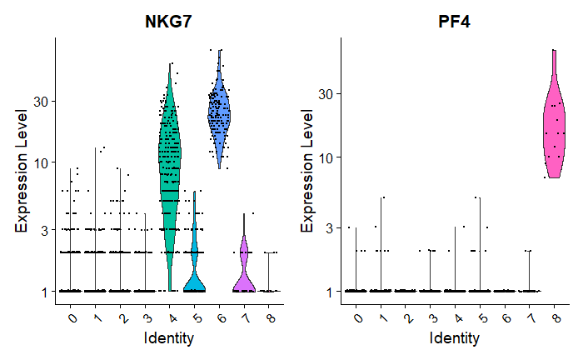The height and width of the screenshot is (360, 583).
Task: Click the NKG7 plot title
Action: (169, 22)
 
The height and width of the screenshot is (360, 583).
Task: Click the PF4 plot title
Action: (455, 22)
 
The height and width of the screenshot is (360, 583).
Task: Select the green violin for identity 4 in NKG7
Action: (170, 167)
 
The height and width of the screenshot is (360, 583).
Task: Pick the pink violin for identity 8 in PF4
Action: (554, 125)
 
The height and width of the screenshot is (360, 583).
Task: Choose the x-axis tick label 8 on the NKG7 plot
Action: (269, 316)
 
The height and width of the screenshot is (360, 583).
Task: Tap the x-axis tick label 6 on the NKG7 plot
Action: (220, 316)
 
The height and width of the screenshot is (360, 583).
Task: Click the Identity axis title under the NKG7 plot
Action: (169, 338)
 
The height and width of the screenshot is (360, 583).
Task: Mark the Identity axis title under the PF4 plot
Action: (455, 338)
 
